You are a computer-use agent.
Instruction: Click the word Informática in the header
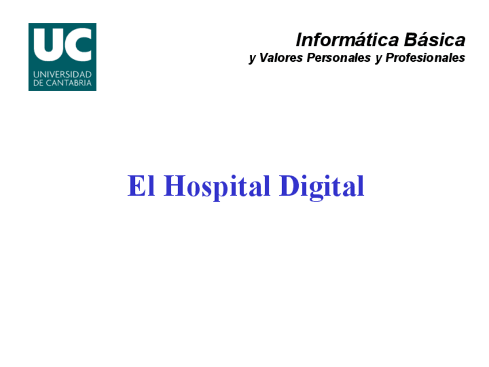pos(347,40)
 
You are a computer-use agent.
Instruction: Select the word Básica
pos(435,40)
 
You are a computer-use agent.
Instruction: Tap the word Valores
pos(281,58)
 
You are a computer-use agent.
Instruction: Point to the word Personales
pos(338,58)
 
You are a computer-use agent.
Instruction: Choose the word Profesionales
pos(426,58)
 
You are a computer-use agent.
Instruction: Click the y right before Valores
pos(253,59)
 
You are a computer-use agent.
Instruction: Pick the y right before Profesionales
pos(379,59)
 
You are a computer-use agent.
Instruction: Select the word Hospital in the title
pos(217,187)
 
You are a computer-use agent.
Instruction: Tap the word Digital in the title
pos(322,187)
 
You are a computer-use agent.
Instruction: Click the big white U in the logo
pos(48,44)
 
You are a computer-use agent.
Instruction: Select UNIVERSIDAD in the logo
pos(62,74)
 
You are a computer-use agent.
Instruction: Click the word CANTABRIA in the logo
pos(69,83)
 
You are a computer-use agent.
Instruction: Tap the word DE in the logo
pos(38,83)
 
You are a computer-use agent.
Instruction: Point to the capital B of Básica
pos(412,40)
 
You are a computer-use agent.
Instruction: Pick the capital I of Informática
pos(299,40)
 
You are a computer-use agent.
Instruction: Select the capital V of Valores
pos(264,58)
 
